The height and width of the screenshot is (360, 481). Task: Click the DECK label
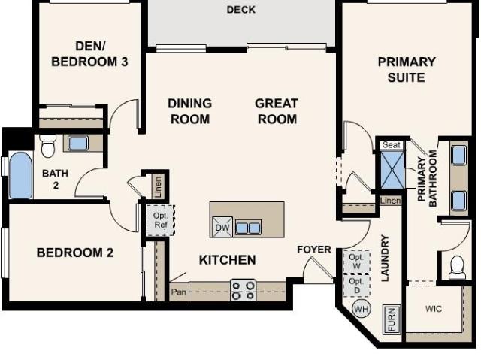[240, 10]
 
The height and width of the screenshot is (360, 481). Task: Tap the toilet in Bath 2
[48, 146]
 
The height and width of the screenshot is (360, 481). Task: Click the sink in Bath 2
[78, 143]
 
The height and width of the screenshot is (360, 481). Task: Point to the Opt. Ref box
[160, 220]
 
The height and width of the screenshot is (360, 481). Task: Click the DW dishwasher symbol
[222, 227]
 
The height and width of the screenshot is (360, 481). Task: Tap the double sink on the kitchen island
[248, 228]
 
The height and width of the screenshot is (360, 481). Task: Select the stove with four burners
[243, 290]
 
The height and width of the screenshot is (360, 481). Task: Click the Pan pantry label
[179, 292]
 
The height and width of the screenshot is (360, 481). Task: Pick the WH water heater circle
[362, 309]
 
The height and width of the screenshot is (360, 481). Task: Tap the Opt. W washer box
[356, 262]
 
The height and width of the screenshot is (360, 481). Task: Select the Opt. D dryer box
[356, 286]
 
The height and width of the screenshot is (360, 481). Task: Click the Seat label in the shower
[391, 145]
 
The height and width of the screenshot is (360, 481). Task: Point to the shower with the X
[392, 170]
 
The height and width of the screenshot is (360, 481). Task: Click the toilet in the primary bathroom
[457, 267]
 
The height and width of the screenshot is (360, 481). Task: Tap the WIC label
[434, 308]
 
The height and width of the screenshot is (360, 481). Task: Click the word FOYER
[314, 250]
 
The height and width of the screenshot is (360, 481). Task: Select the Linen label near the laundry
[390, 201]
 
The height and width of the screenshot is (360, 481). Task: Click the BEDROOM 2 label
[75, 253]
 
